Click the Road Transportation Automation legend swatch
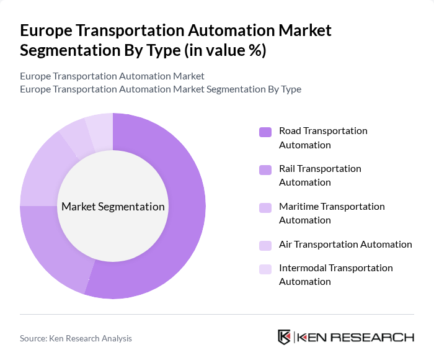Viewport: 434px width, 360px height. click(x=265, y=132)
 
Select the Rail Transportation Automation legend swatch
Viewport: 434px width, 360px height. click(x=265, y=169)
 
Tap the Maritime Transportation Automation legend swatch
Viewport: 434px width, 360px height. click(x=265, y=207)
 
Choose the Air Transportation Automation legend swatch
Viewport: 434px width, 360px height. click(x=265, y=245)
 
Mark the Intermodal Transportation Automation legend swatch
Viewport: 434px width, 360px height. click(x=265, y=269)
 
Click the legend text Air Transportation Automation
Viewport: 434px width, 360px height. click(x=345, y=244)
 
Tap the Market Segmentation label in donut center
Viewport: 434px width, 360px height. click(x=113, y=207)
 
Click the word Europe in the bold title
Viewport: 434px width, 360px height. click(x=48, y=30)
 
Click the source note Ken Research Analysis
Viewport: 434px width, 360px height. click(x=76, y=338)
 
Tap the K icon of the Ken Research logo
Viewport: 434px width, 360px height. click(x=284, y=337)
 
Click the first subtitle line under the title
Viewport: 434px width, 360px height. click(x=112, y=76)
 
